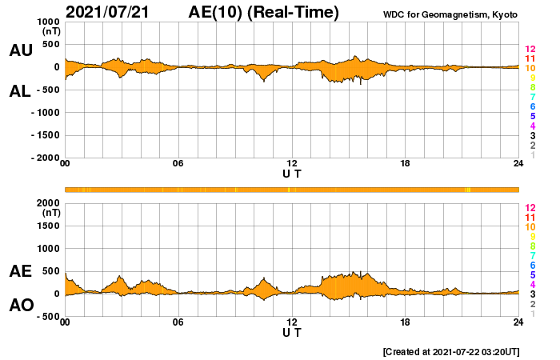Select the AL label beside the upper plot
coord(20,90)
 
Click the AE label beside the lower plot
coord(20,271)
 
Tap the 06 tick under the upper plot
coord(178,164)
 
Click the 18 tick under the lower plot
coord(406,322)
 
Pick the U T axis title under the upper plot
coord(292,173)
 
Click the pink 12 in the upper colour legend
coord(530,50)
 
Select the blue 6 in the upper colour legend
coord(532,106)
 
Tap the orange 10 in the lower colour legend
coord(530,227)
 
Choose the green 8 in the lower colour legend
coord(532,246)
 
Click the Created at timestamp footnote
coord(451,351)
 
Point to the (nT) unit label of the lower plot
coord(50,213)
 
